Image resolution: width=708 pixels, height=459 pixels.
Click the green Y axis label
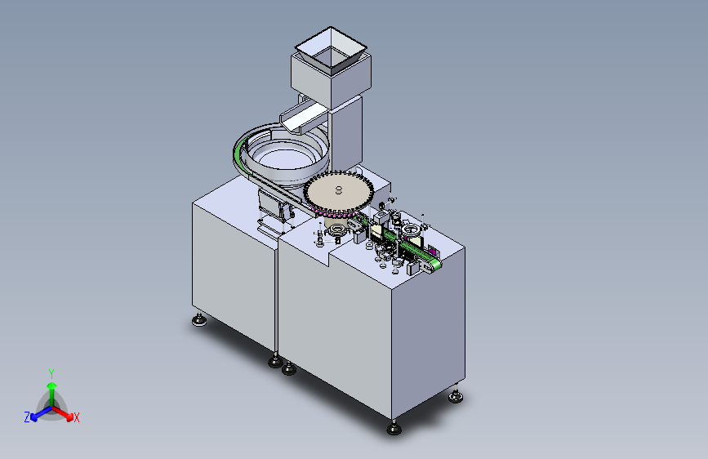pos(51,373)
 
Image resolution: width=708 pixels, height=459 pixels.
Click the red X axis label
pos(76,417)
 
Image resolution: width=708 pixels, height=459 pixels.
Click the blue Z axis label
pos(27,417)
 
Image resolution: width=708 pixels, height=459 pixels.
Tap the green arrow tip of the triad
pos(52,385)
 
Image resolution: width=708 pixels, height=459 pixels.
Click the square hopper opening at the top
pos(331,50)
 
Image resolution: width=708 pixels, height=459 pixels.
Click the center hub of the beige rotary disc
pos(339,190)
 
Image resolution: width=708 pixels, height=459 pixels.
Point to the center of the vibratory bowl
pos(283,160)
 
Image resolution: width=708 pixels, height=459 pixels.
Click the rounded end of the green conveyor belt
pos(436,265)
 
